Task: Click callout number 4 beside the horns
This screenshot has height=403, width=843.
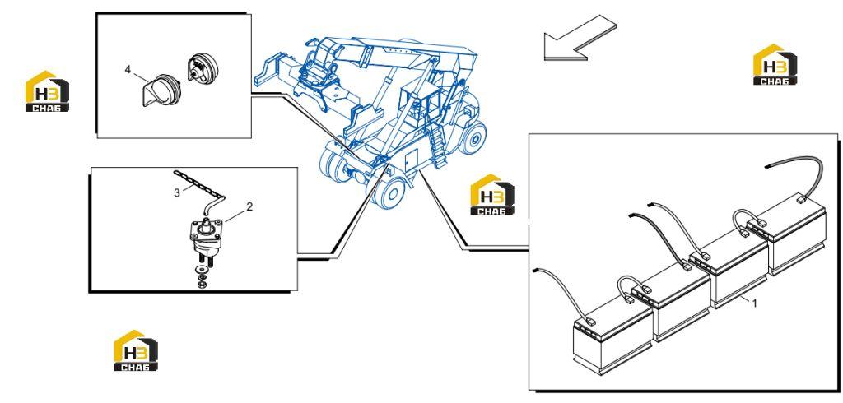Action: point(128,69)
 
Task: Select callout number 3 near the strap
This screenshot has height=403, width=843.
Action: point(177,193)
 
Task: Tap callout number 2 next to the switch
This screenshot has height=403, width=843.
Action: point(249,206)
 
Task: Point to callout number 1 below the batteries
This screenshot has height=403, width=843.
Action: point(754,303)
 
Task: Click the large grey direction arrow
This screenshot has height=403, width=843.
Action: point(580,38)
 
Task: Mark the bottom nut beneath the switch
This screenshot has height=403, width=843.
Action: point(203,283)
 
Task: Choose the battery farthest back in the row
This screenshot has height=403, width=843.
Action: point(797,235)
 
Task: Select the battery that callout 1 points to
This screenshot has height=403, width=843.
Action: point(739,271)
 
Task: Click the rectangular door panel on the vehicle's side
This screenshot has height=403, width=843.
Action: point(411,160)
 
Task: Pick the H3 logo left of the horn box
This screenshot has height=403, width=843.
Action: point(47,91)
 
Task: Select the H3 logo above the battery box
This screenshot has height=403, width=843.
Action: point(775,64)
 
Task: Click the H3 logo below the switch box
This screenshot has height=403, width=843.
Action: point(136,350)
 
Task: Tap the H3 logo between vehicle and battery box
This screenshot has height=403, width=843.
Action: point(492,195)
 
